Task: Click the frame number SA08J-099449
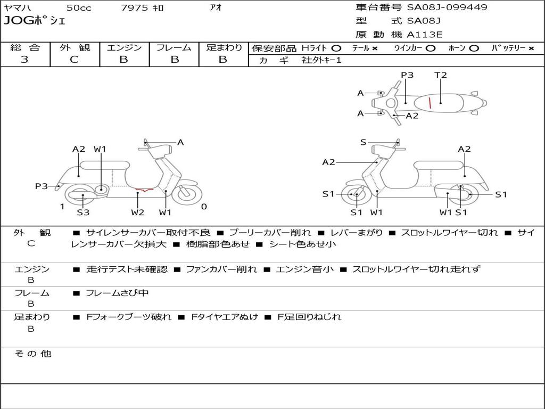[447, 7]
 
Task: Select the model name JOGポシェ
[35, 21]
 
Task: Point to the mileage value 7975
[135, 7]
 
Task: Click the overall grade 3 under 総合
[24, 60]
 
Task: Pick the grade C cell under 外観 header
[75, 60]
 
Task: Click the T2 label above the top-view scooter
[441, 75]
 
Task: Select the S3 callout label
[83, 212]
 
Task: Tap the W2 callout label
[138, 212]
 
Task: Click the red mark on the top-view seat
[430, 103]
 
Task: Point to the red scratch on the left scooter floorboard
[144, 189]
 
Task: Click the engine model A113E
[424, 35]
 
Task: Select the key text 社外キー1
[321, 60]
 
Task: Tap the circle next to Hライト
[336, 48]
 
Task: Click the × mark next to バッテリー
[531, 48]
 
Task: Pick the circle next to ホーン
[474, 48]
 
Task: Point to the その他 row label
[32, 354]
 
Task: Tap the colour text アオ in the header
[216, 7]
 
